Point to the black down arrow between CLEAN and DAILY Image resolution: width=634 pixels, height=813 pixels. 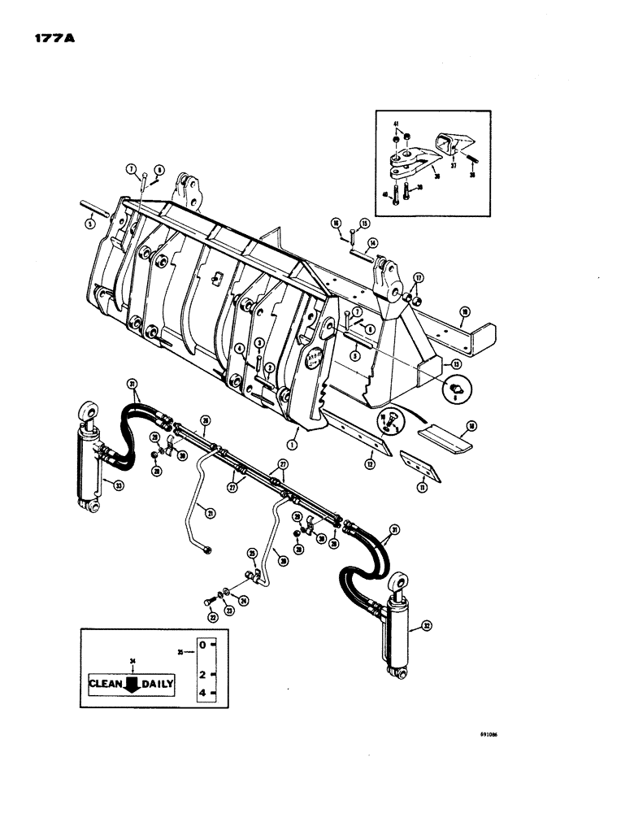click(131, 684)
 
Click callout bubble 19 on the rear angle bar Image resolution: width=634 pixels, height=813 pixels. click(464, 310)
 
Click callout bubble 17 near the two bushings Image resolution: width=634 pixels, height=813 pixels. click(419, 276)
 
